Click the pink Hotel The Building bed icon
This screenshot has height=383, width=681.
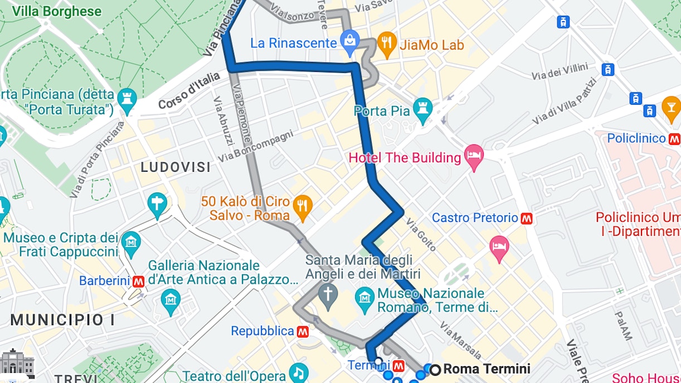click(474, 158)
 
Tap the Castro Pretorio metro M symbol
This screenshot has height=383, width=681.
click(527, 218)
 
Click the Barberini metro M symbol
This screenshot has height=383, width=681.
click(139, 282)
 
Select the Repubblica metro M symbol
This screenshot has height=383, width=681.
click(303, 332)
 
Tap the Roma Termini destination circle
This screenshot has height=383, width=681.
click(435, 369)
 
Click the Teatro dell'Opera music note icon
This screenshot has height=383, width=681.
click(299, 374)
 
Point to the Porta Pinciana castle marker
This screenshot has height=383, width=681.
click(127, 102)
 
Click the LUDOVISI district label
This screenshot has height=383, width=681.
click(176, 167)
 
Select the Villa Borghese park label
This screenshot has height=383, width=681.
click(57, 12)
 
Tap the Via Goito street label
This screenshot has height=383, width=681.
click(421, 235)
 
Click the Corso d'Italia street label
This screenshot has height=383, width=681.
click(189, 91)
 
